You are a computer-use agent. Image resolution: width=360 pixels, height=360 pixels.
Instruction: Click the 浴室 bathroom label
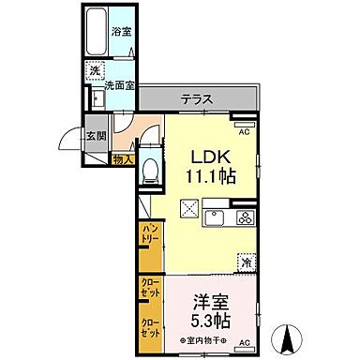point(122,31)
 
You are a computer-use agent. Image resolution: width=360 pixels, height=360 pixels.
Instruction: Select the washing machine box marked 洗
point(95,71)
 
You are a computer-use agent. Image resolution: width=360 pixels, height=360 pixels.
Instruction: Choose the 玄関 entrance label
point(97,135)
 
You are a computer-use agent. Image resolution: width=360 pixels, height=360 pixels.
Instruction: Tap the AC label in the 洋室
point(247,344)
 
